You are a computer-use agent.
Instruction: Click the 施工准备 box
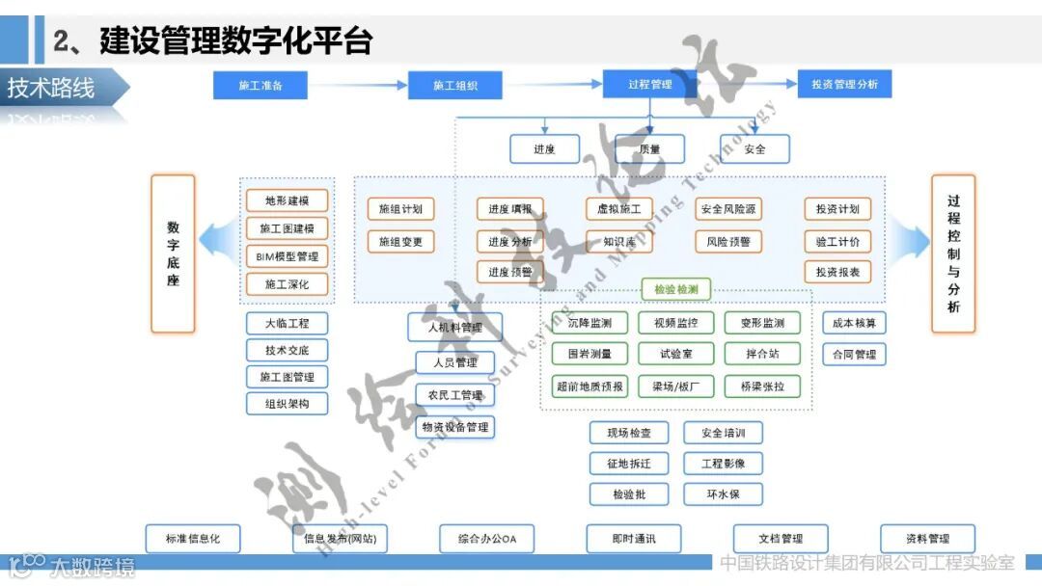coord(260,85)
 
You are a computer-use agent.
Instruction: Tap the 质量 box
coord(649,149)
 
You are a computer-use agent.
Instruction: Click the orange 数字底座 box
coord(173,253)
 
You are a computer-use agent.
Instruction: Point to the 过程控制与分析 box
coord(953,253)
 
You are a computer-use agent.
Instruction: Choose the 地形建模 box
coord(287,201)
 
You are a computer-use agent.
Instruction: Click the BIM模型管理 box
coord(287,256)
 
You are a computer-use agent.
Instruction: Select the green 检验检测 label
coord(676,289)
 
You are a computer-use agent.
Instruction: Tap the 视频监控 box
coord(675,323)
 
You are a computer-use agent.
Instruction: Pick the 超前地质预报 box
coord(590,386)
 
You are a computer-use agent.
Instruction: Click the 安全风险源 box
coord(728,209)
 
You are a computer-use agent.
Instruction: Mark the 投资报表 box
coord(837,272)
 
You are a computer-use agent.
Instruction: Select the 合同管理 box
coord(854,355)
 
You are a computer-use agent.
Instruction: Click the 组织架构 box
coord(287,404)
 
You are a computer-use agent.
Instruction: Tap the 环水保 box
coord(724,494)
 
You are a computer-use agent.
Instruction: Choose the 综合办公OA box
coord(487,539)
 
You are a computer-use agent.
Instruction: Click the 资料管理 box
coord(927,539)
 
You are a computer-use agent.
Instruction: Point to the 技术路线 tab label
coord(52,89)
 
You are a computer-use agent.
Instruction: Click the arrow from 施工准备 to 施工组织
coord(358,85)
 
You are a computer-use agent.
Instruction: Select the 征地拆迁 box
coord(629,464)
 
